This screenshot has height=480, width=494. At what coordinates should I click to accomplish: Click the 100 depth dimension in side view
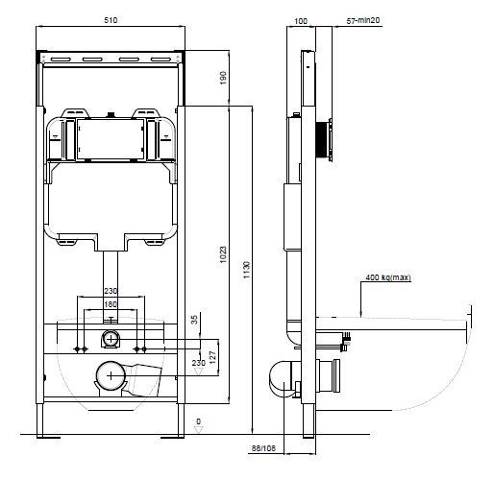point(301,19)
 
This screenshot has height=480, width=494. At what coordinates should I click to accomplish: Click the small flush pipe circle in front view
point(111,338)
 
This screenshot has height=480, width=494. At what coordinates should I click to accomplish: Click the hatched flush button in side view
point(329,139)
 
